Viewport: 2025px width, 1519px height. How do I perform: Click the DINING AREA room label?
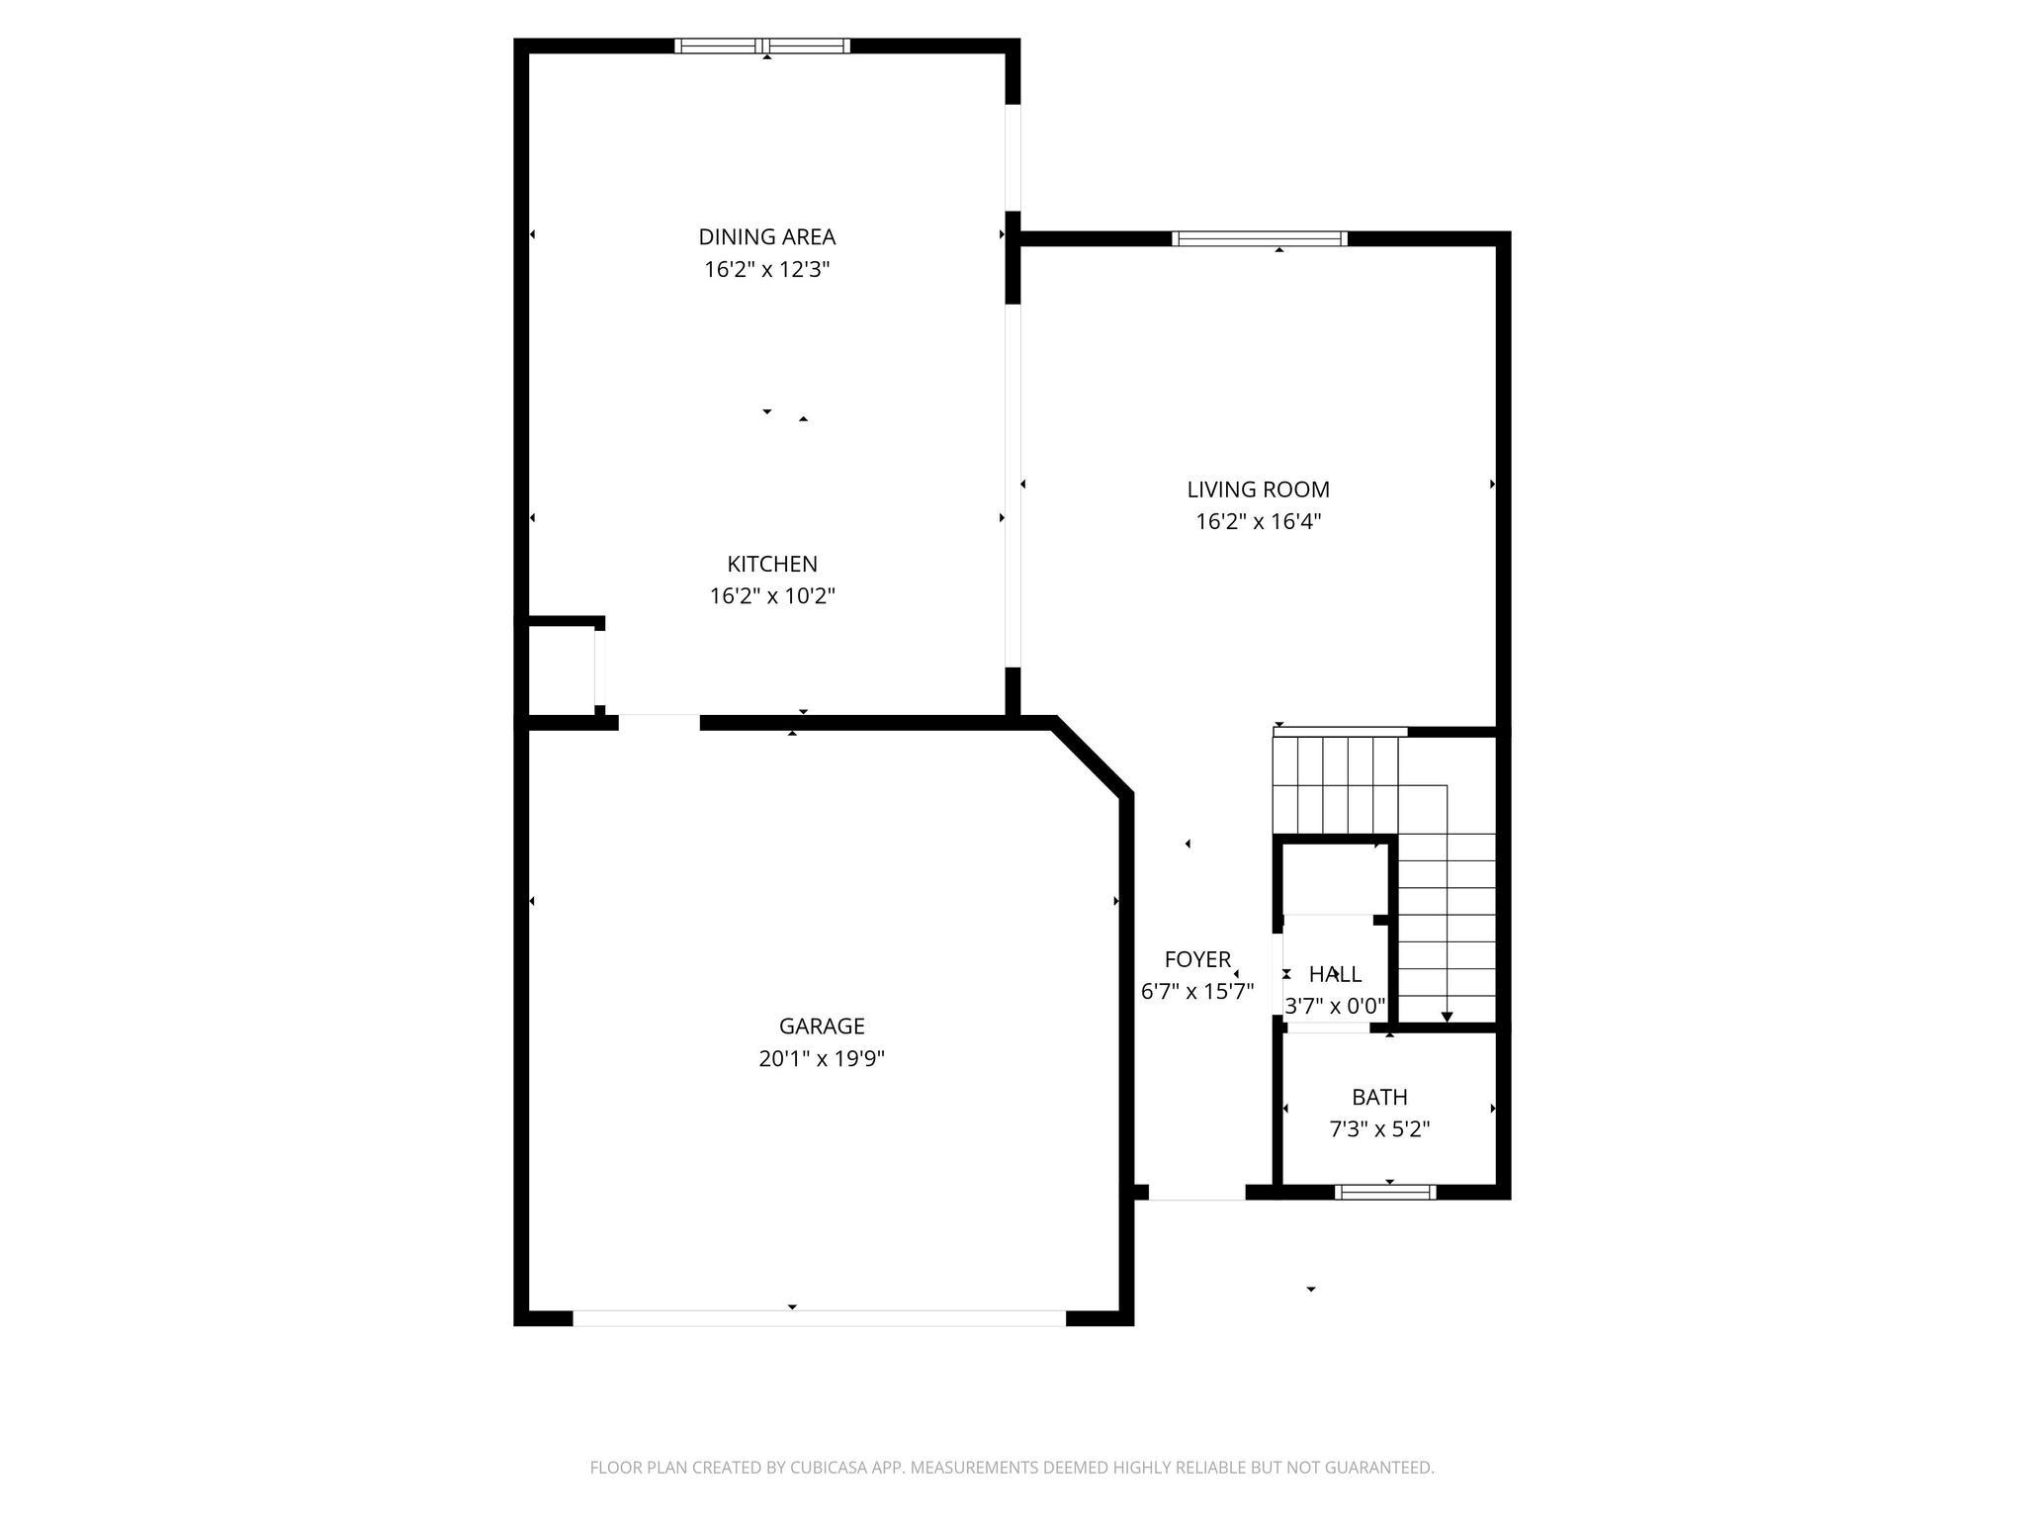point(766,237)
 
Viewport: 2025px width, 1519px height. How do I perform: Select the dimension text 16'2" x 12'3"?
point(766,270)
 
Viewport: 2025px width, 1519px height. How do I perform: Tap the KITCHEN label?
point(772,565)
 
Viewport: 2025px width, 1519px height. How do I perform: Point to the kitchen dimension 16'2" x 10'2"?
point(772,596)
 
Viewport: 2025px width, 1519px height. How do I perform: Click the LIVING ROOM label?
point(1258,490)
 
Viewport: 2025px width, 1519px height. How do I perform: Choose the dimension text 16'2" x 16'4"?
point(1258,522)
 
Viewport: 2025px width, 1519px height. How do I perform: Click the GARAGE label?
point(821,1027)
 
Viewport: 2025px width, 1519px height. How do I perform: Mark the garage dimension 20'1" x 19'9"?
point(821,1059)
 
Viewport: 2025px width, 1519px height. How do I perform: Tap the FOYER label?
point(1197,959)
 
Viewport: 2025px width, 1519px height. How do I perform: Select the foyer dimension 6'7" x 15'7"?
point(1197,992)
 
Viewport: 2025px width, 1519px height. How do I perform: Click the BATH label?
point(1379,1097)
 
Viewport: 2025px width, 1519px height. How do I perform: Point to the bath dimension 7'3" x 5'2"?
point(1379,1129)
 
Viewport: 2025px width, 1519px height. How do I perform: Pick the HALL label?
point(1335,975)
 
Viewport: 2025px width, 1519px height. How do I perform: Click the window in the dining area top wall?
point(761,45)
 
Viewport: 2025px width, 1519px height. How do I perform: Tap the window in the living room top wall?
point(1259,238)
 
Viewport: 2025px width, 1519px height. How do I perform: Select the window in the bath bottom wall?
point(1384,1193)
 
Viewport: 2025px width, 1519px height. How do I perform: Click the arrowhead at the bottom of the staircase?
point(1447,1017)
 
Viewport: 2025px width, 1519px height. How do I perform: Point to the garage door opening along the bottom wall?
point(819,1318)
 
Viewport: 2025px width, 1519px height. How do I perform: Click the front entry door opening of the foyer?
point(1196,1194)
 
